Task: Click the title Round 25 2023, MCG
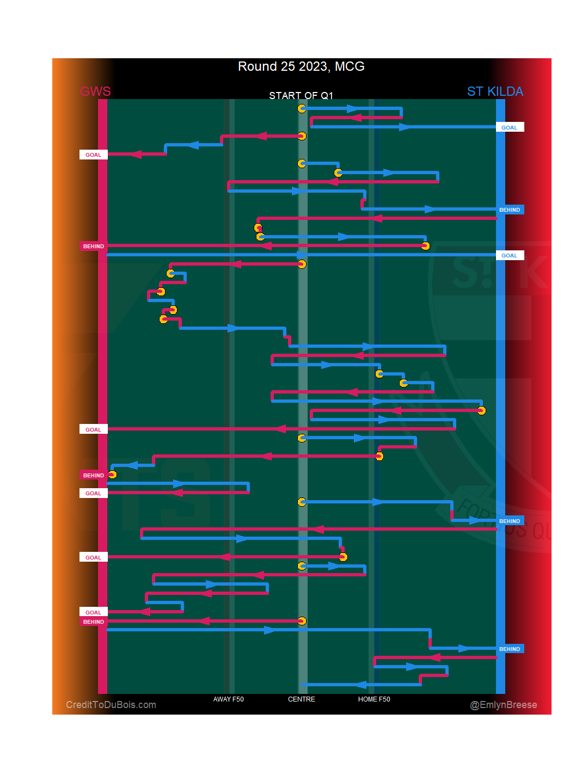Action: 301,66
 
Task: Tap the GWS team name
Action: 95,91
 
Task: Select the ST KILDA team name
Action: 495,91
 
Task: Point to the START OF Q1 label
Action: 301,96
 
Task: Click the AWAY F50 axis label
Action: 229,699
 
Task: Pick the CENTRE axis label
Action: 302,699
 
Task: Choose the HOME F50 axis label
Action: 374,699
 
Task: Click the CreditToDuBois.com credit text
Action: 111,705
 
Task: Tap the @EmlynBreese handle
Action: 504,705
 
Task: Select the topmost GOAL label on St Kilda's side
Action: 510,127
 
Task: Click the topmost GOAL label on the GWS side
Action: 93,155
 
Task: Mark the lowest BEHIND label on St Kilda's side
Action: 510,649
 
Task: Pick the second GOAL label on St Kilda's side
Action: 510,255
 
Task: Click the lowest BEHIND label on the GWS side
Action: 93,622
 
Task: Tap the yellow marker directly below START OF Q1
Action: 302,108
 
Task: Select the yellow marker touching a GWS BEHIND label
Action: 112,475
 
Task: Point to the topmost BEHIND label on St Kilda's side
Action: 510,210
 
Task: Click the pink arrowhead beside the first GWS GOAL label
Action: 135,154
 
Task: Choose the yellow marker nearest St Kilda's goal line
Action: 481,410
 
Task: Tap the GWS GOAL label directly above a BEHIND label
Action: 93,612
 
